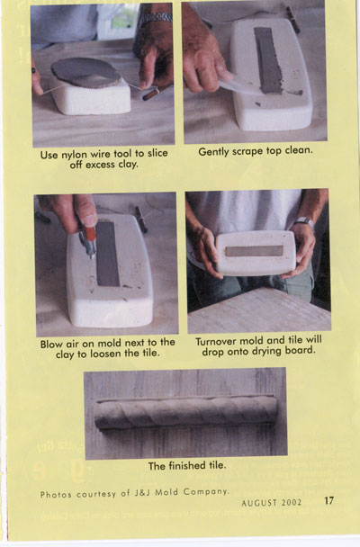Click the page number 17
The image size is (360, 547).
pos(329,500)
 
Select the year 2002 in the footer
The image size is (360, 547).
pos(292,502)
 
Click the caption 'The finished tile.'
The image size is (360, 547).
pos(187,466)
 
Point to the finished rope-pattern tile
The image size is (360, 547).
pos(186,414)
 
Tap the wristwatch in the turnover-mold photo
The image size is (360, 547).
pos(304,221)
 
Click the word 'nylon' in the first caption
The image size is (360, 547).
pos(75,154)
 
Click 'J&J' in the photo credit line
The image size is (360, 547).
pos(143,493)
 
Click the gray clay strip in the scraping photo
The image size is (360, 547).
pos(268,60)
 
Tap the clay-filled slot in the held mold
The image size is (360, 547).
pos(254,251)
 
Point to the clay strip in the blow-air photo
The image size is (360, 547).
pos(108,253)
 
